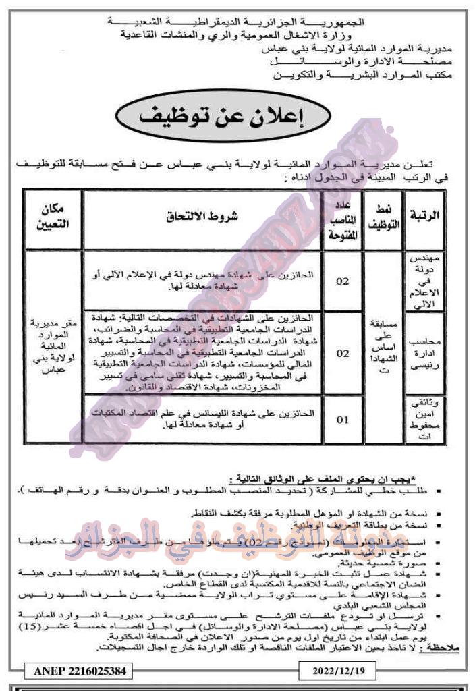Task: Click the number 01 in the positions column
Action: tap(343, 420)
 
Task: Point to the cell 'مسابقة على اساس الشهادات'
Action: tap(383, 351)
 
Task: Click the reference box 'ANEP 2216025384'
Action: tap(77, 672)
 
